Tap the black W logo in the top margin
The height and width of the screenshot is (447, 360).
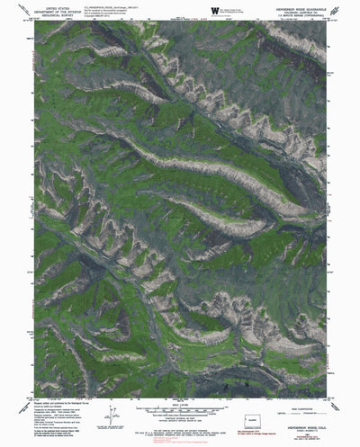(213, 11)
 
